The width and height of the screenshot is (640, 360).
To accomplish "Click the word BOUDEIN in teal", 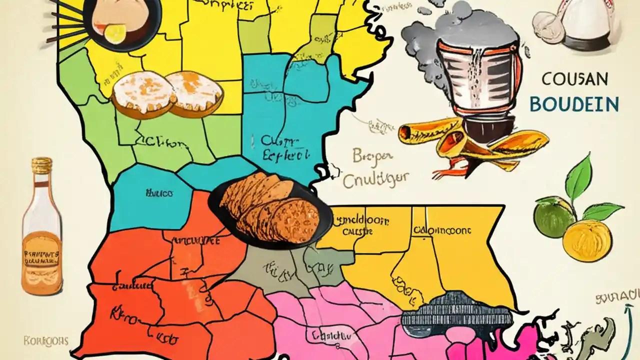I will coord(573,104).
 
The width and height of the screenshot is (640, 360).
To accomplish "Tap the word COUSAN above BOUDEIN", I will coord(574,79).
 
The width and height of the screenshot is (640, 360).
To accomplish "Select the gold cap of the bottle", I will coord(42,166).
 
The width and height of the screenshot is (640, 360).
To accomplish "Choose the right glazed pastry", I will coord(195,91).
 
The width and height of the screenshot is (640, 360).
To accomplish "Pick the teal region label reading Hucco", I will coord(159,192).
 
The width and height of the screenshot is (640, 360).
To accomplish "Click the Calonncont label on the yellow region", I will coord(442,230).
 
